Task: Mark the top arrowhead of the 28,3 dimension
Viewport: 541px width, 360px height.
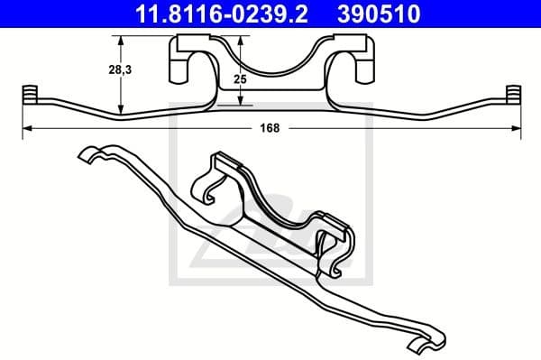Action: [121, 38]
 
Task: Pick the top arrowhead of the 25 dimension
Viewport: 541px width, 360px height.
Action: [239, 38]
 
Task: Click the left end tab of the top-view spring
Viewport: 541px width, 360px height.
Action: [28, 95]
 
